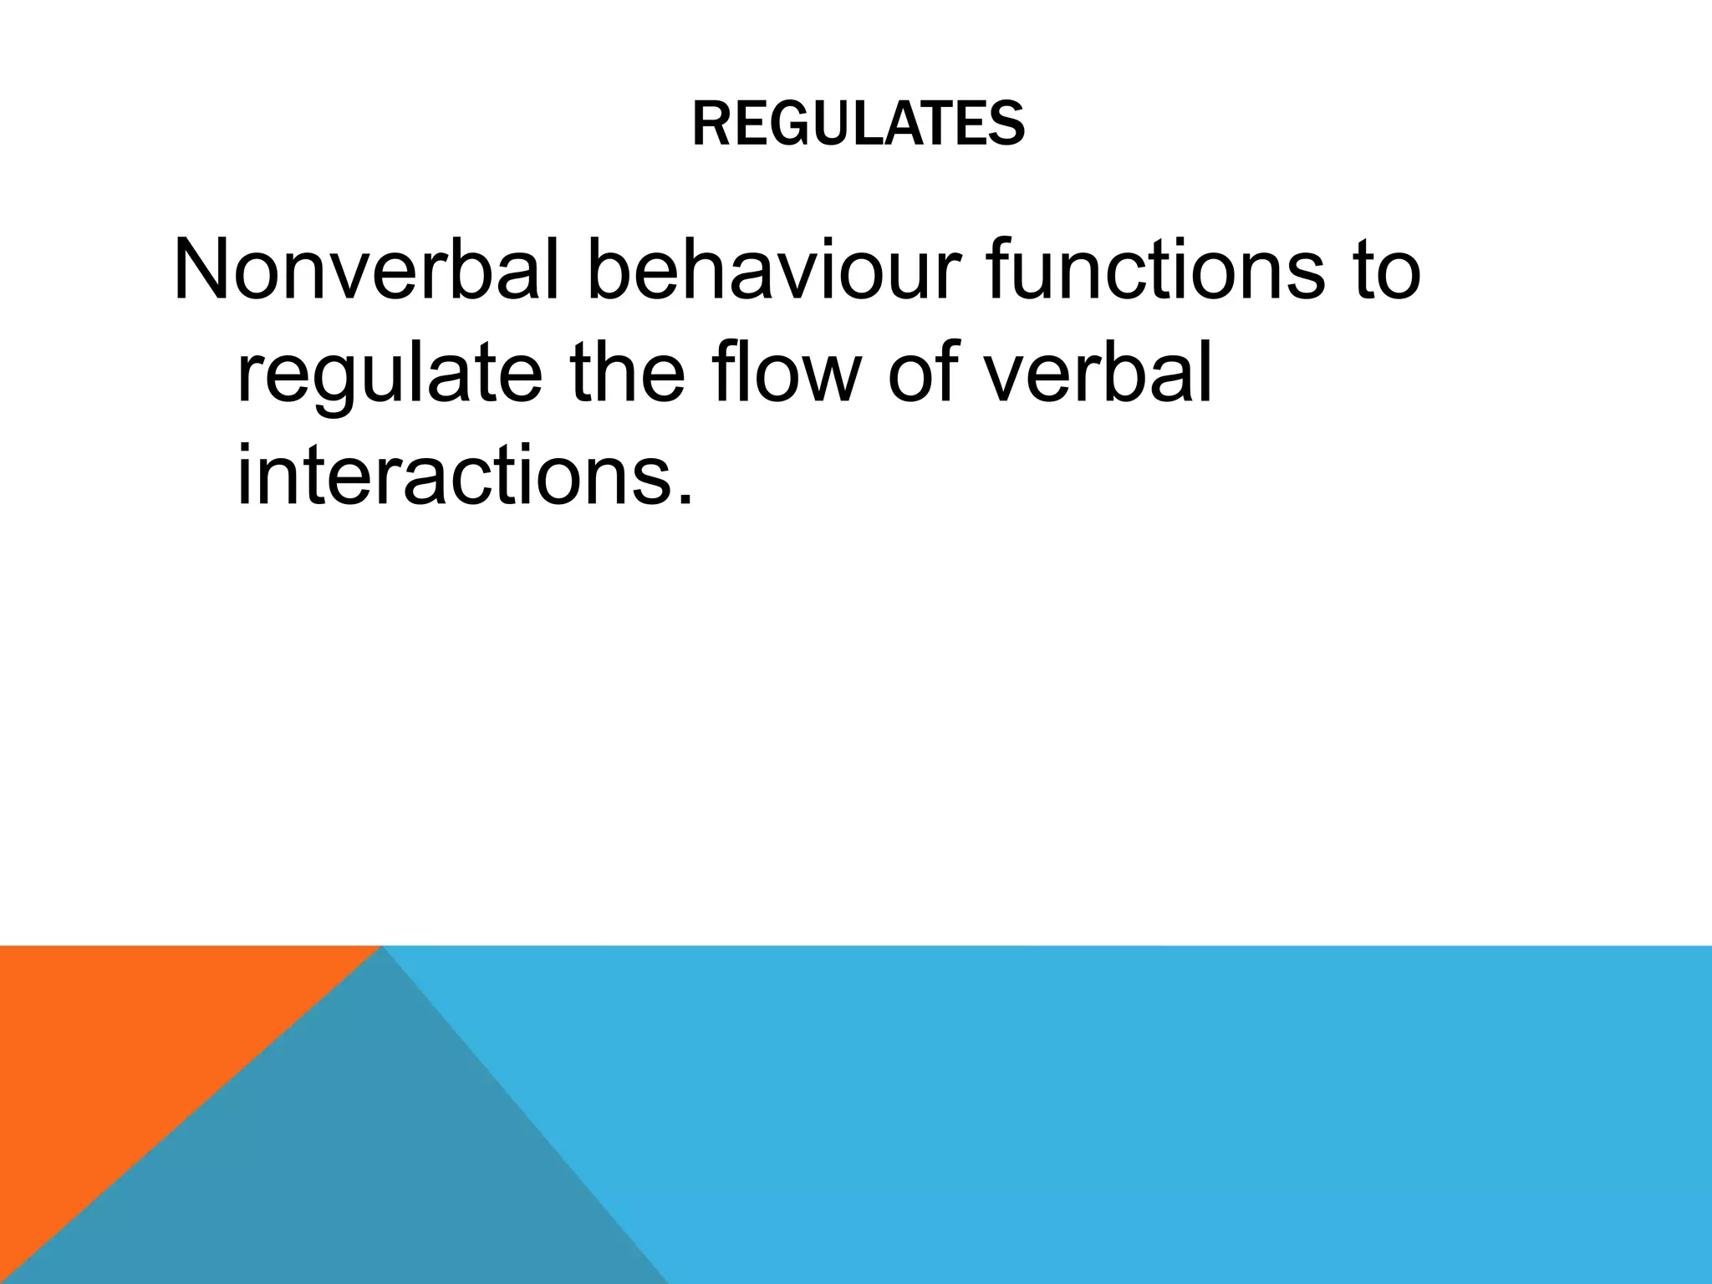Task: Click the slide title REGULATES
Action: point(859,125)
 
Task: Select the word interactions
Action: point(456,477)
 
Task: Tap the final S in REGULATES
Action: point(1007,125)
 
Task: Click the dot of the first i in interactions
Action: point(246,445)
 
